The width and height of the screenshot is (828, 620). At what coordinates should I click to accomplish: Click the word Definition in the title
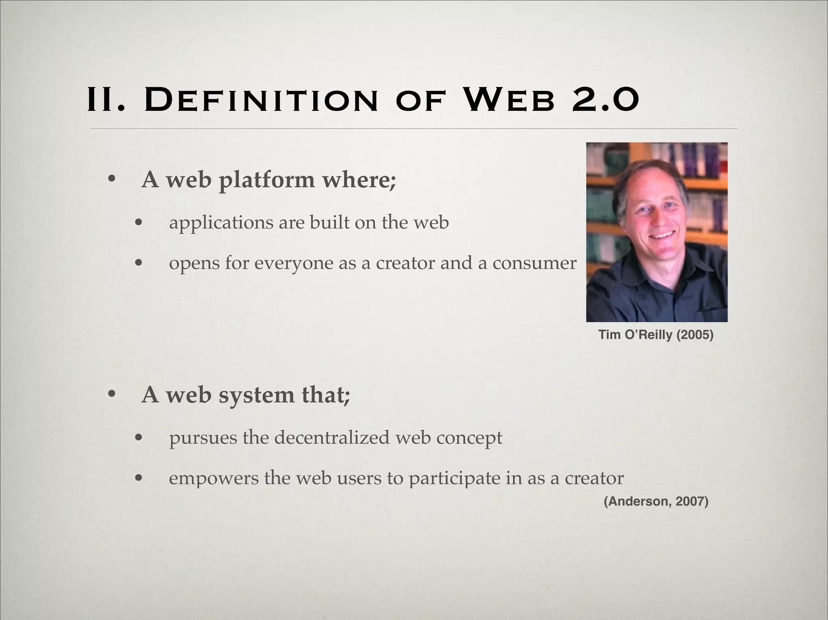(x=261, y=100)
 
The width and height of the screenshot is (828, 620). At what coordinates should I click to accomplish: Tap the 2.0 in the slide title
(x=605, y=100)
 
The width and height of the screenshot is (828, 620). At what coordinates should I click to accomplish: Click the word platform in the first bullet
(x=266, y=180)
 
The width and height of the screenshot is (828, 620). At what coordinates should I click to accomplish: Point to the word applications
(x=221, y=223)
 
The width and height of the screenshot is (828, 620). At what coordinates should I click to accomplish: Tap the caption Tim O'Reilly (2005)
(x=656, y=335)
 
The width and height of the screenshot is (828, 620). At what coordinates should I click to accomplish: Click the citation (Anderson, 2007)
(x=656, y=502)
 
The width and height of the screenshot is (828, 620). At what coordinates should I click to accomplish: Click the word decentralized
(x=332, y=438)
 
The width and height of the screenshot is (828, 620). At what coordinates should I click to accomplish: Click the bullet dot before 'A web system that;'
(x=112, y=394)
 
